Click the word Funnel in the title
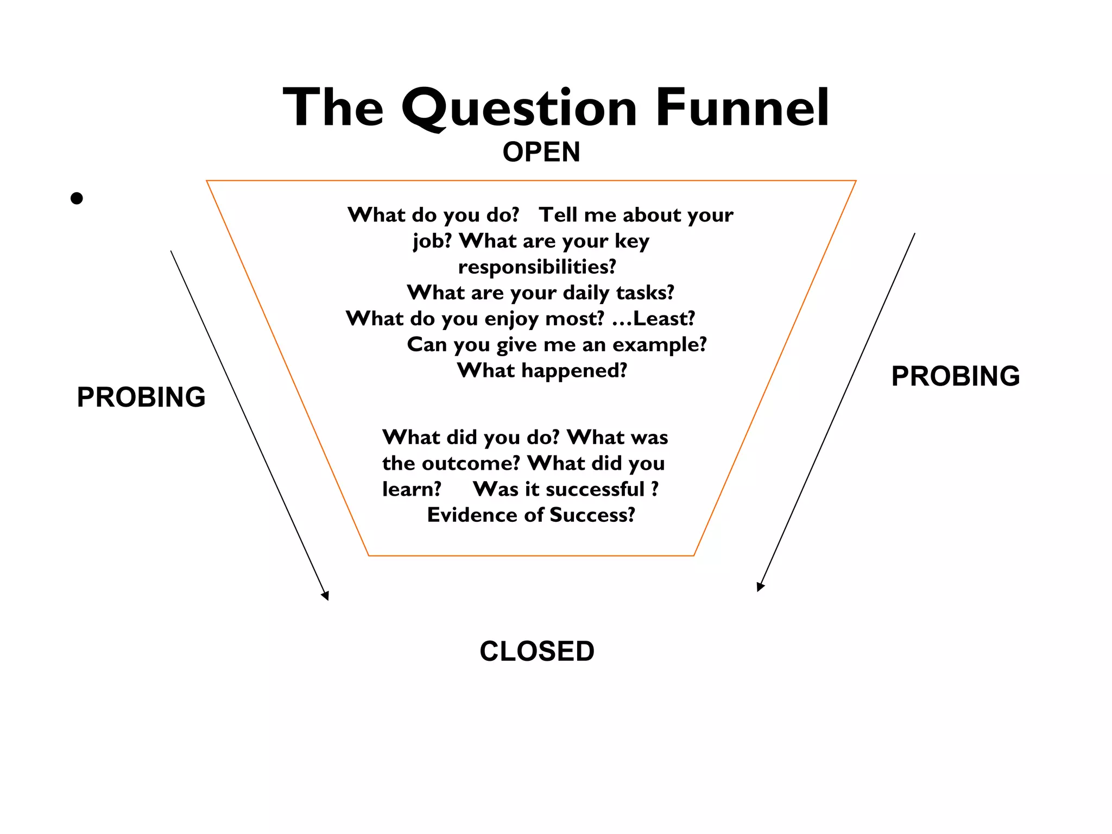[x=742, y=108]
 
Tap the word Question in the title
[x=519, y=108]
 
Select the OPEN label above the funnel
[x=541, y=152]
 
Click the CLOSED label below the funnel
[x=537, y=651]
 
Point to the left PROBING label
[x=141, y=397]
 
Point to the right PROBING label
[x=956, y=376]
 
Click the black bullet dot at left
[x=77, y=199]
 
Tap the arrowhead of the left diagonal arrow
[x=326, y=596]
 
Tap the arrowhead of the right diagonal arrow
[x=760, y=587]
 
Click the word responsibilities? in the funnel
[x=537, y=267]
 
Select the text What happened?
[x=542, y=370]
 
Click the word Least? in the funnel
[x=664, y=318]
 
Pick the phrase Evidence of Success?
[x=531, y=515]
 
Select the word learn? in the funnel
[x=412, y=489]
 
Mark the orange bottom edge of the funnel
[x=531, y=555]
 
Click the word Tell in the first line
[x=558, y=215]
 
